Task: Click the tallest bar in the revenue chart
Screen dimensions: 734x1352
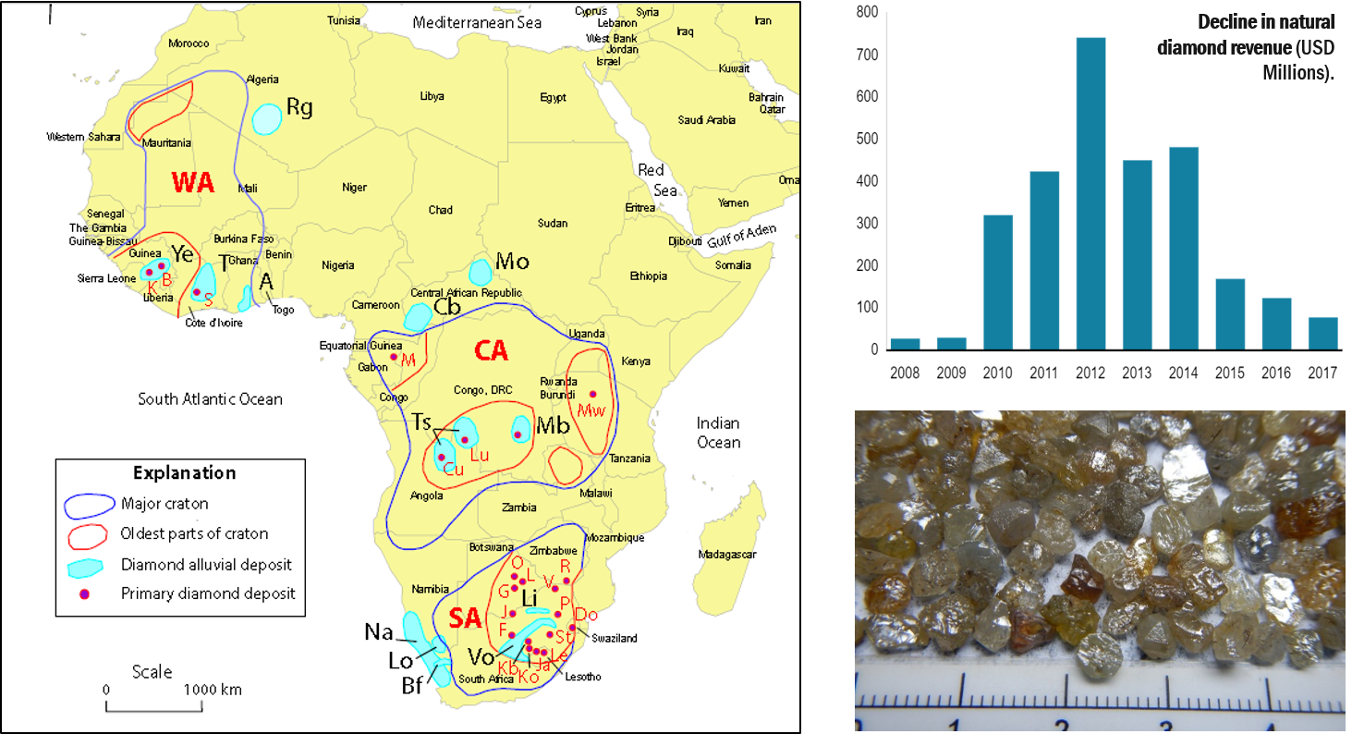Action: click(1090, 193)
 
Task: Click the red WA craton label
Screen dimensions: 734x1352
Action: click(193, 183)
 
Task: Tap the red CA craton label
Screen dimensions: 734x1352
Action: click(491, 350)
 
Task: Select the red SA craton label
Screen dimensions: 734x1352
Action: click(469, 618)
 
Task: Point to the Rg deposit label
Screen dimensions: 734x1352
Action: click(299, 107)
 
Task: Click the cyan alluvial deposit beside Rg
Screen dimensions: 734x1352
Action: click(267, 118)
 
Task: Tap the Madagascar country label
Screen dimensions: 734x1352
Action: click(727, 555)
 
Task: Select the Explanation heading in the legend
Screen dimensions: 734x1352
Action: click(184, 473)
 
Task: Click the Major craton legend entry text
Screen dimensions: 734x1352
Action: click(164, 504)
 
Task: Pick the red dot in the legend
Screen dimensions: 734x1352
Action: click(83, 594)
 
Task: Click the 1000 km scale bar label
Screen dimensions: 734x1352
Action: click(212, 690)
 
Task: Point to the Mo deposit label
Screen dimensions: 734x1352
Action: click(512, 262)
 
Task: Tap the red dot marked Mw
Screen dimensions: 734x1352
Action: click(593, 395)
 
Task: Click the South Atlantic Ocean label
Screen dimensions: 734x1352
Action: click(210, 399)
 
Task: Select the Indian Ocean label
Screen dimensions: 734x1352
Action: click(718, 433)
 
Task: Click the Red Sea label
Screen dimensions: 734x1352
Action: click(652, 180)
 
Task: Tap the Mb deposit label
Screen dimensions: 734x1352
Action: click(553, 426)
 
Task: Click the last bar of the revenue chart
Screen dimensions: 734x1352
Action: click(1322, 333)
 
